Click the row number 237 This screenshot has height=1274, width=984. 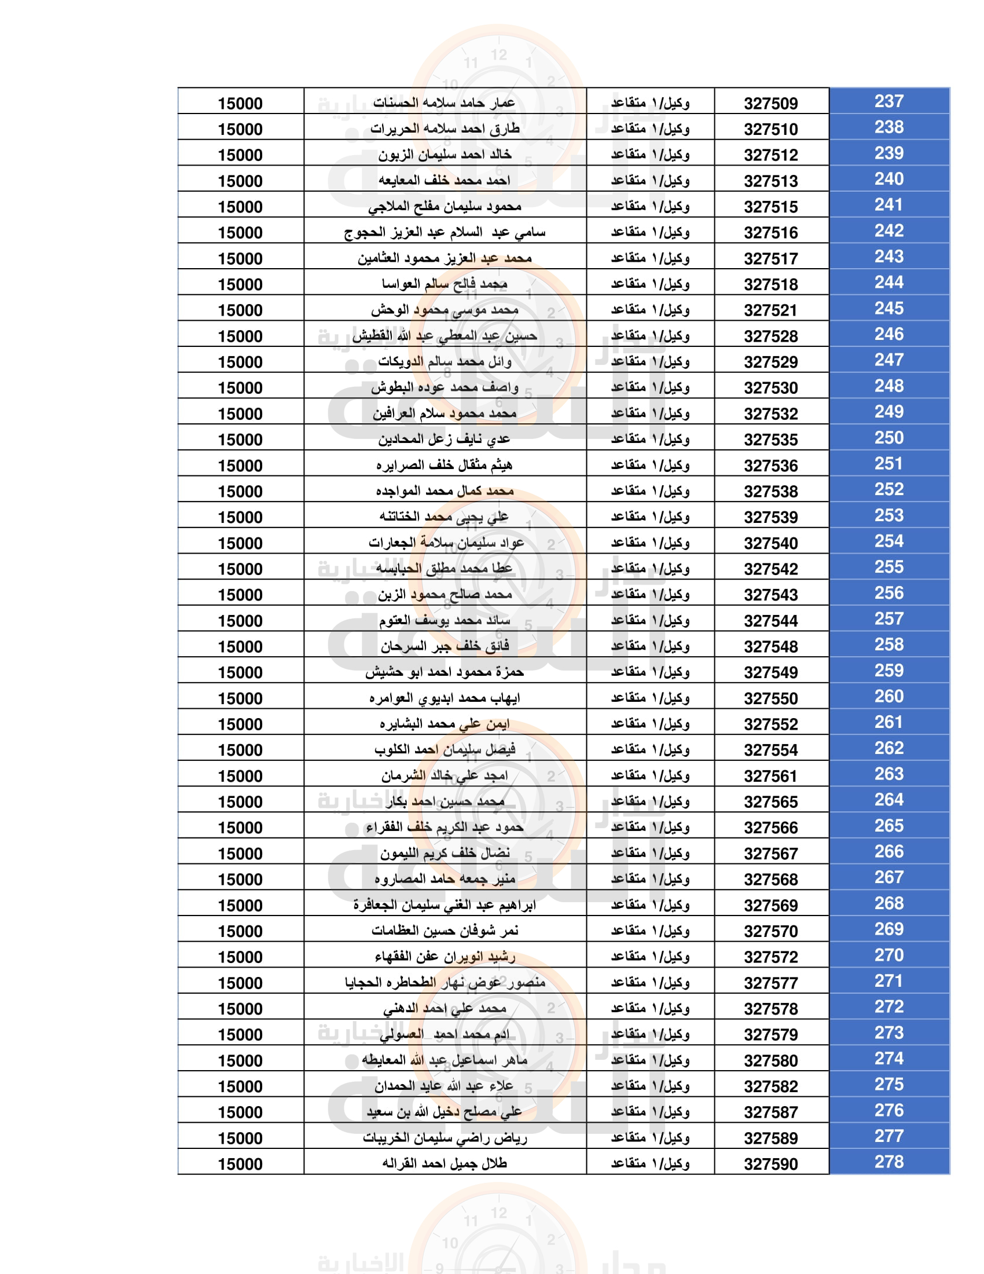pos(888,101)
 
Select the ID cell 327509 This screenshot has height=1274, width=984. pos(770,104)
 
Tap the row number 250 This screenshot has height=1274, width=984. pos(888,438)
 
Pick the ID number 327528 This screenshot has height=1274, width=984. pos(770,336)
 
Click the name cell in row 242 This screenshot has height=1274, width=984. pos(445,233)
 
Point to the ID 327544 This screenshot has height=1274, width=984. pos(770,621)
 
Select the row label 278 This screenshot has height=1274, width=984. pos(888,1162)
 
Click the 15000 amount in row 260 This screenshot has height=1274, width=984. pos(240,699)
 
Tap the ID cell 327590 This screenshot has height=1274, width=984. pos(770,1165)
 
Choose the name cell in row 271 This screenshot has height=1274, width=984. pos(445,983)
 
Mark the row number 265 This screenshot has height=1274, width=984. pos(888,826)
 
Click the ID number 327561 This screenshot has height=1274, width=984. pos(770,777)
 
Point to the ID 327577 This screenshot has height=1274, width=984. pos(770,983)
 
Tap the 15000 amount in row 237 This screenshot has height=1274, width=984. pos(240,104)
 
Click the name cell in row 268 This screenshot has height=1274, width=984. pos(445,905)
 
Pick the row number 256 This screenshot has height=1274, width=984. pos(888,593)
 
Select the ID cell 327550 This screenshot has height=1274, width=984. pos(770,699)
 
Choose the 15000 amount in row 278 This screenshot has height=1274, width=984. pos(240,1165)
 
